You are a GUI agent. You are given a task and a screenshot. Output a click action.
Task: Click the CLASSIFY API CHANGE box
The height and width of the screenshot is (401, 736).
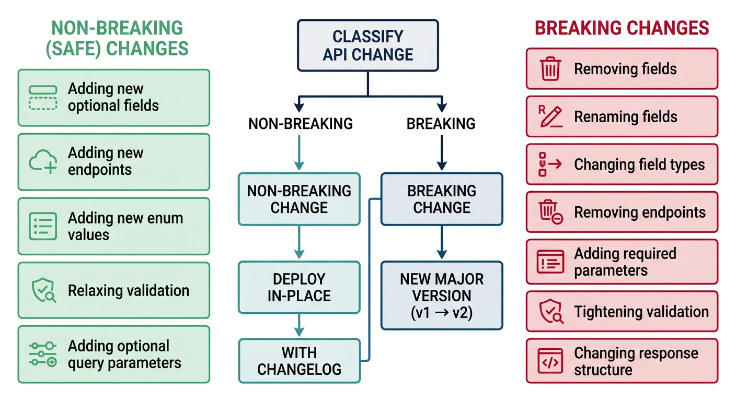coord(367,45)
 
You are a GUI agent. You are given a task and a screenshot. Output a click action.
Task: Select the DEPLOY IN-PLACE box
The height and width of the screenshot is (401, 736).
coord(299,287)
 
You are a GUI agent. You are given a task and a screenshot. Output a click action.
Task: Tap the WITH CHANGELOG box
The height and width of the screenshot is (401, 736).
coord(299,361)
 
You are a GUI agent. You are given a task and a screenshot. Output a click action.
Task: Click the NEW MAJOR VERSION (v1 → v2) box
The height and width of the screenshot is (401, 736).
coord(442,296)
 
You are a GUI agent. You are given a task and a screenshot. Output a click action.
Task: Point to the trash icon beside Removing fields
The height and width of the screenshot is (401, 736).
coord(550,69)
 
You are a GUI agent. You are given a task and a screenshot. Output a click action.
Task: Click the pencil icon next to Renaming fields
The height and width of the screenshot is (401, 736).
coord(550,117)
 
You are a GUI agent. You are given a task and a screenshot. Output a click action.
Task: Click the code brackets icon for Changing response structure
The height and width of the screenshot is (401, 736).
coord(550,361)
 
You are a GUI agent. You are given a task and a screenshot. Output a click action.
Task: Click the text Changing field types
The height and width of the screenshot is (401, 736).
coord(639,165)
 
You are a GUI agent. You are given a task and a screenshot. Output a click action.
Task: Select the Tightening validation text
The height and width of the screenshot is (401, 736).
coord(641,312)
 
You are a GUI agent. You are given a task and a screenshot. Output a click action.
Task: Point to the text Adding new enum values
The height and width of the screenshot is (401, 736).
coord(125,226)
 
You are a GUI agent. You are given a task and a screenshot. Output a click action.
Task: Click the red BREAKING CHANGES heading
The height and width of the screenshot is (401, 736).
coord(622,28)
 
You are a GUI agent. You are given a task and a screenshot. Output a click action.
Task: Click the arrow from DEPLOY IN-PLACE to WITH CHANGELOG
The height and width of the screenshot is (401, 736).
coord(299,325)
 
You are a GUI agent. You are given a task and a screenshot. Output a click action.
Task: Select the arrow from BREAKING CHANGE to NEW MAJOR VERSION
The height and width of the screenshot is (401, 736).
coord(442,243)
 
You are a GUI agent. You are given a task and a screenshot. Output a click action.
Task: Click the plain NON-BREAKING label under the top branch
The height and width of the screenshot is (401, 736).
coord(300,124)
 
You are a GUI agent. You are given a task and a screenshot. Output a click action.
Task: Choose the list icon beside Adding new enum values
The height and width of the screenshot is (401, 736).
coord(43,226)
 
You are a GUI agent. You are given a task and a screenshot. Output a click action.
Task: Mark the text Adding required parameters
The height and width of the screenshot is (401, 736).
coord(625,262)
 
